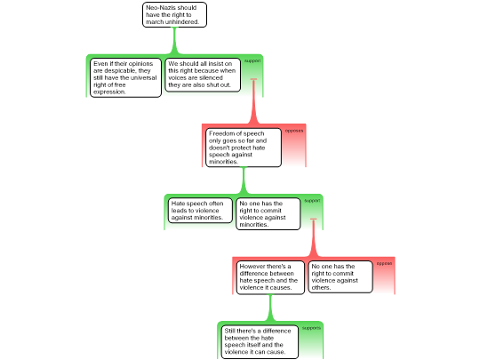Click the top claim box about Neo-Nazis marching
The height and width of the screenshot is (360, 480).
coord(174,15)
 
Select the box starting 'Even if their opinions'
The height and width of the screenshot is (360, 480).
coord(125,77)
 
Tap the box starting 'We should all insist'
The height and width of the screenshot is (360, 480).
coord(203,75)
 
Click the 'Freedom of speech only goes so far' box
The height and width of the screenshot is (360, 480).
coord(244,148)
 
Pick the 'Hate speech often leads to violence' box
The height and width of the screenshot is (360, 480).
coord(200,211)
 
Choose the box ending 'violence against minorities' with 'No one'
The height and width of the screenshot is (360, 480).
coord(268,213)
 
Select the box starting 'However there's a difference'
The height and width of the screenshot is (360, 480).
coord(270,277)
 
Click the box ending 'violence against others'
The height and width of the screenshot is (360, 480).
coord(340,276)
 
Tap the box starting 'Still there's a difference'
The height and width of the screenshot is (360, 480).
coord(260,341)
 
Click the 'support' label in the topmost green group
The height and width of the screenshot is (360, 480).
coord(252,61)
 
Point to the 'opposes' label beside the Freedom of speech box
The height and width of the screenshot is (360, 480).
coord(294,131)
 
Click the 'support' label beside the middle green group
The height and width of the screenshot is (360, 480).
coord(312,201)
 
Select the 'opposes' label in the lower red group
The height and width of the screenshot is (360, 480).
coord(384,264)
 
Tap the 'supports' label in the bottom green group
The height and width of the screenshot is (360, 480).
coord(311,328)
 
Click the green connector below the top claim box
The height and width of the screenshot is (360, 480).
coord(174,41)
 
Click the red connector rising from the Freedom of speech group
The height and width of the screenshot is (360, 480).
coord(253,101)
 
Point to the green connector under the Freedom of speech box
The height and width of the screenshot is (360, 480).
coord(244,180)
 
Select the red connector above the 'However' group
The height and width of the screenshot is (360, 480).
coord(313,238)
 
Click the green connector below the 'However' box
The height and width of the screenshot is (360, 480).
coord(270,308)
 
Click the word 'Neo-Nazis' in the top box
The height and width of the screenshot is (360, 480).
coord(159,8)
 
